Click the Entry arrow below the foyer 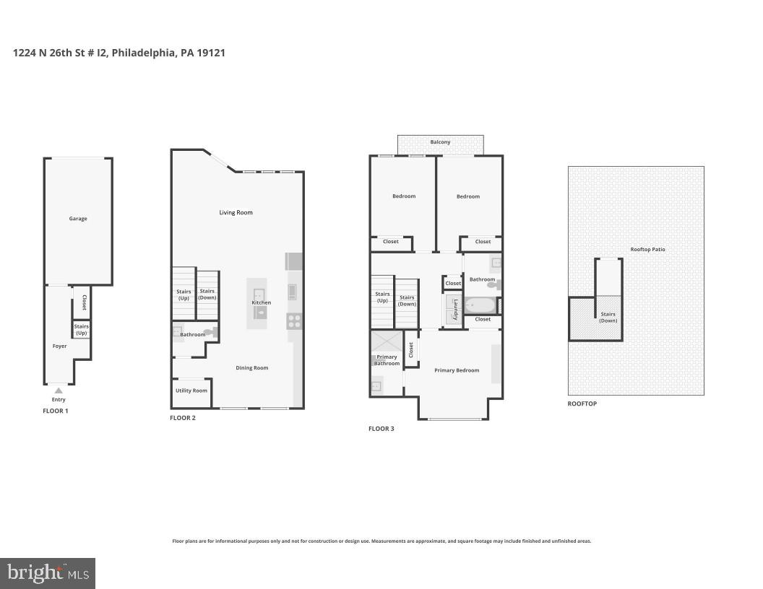(x=59, y=391)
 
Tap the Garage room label (x=78, y=219)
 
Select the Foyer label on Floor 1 (x=59, y=346)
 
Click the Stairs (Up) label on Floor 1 (x=81, y=330)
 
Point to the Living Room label (x=236, y=212)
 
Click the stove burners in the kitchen (x=294, y=320)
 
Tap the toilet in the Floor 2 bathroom (x=210, y=333)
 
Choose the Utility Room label (x=191, y=391)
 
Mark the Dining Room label (x=251, y=367)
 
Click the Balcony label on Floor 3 (x=440, y=142)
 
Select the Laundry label (x=455, y=309)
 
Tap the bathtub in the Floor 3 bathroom (x=478, y=305)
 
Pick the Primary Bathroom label (x=387, y=360)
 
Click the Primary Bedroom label (x=457, y=370)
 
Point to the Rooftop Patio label (x=647, y=249)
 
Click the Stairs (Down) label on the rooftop (x=608, y=317)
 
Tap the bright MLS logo (x=48, y=574)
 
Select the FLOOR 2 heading (x=182, y=418)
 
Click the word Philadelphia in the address (x=142, y=53)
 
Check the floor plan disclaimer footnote (x=381, y=541)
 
